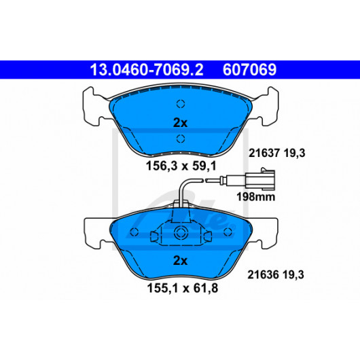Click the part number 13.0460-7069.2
click(147, 70)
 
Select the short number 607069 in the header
click(249, 70)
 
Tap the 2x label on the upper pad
click(180, 123)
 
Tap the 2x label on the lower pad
click(180, 261)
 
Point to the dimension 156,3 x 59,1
click(181, 166)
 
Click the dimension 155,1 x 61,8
click(182, 288)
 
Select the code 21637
click(264, 153)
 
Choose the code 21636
click(263, 274)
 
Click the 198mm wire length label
click(256, 197)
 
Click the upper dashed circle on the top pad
click(181, 104)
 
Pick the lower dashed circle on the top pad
click(181, 139)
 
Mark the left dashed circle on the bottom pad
click(134, 232)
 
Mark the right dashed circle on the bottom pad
click(228, 232)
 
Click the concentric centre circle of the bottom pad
click(180, 232)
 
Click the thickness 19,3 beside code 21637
click(295, 153)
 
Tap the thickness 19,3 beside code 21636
click(293, 274)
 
